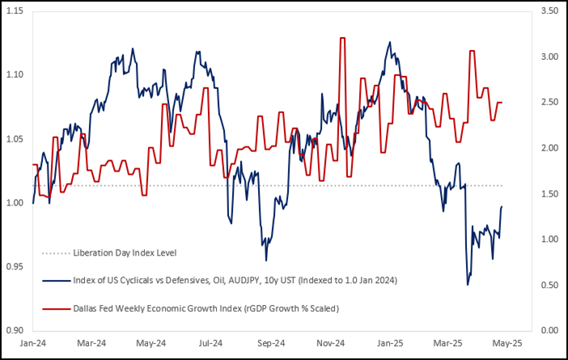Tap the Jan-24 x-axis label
tap(32, 343)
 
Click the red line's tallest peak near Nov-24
tap(344, 38)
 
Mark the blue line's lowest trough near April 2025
tap(468, 285)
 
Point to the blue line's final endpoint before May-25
tap(502, 207)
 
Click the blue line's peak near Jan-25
tap(390, 42)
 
